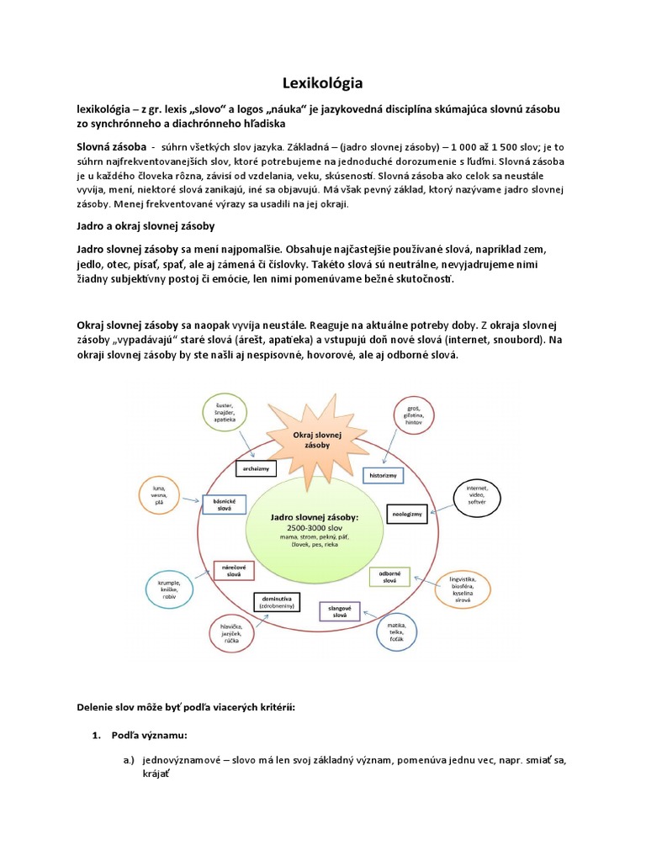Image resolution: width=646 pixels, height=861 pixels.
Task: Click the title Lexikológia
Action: (x=322, y=83)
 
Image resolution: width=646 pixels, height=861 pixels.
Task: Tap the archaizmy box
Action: (x=257, y=467)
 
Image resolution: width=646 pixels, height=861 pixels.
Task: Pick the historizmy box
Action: (x=382, y=476)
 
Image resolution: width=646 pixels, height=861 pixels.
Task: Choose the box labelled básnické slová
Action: (x=225, y=504)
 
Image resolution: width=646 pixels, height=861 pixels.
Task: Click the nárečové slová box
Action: (x=233, y=569)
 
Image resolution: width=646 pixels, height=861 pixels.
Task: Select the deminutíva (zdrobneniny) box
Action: (x=277, y=601)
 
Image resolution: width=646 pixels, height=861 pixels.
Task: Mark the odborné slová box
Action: (x=389, y=577)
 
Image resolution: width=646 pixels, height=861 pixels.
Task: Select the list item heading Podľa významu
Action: (x=143, y=735)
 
